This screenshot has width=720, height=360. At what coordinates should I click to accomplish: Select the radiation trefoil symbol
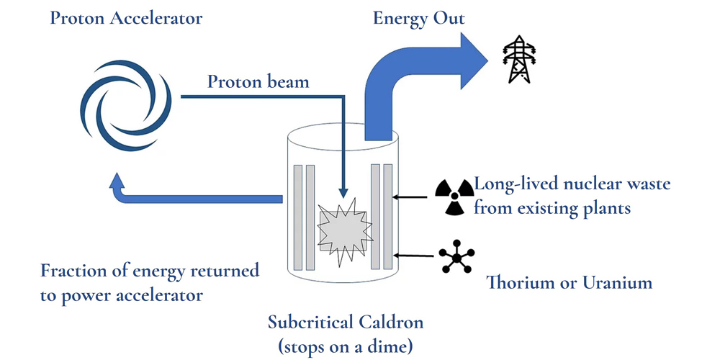(x=454, y=197)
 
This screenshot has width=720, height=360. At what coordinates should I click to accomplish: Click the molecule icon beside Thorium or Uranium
(x=456, y=257)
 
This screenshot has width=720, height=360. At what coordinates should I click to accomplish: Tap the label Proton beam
(x=258, y=82)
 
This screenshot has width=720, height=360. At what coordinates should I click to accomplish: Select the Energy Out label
(x=419, y=19)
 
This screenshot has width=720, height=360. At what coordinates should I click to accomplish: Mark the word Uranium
(x=618, y=282)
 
